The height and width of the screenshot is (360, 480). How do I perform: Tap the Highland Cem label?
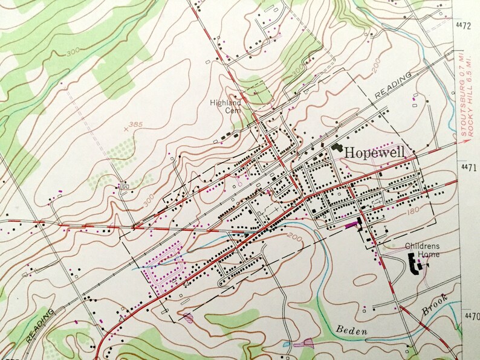[x=225, y=106]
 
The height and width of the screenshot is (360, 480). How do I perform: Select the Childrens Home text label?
[x=423, y=250]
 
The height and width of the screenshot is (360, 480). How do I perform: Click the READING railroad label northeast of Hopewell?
[x=392, y=85]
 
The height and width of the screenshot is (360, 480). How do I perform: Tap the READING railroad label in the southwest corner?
[x=41, y=326]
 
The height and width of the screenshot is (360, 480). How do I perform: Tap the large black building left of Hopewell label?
[x=335, y=147]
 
